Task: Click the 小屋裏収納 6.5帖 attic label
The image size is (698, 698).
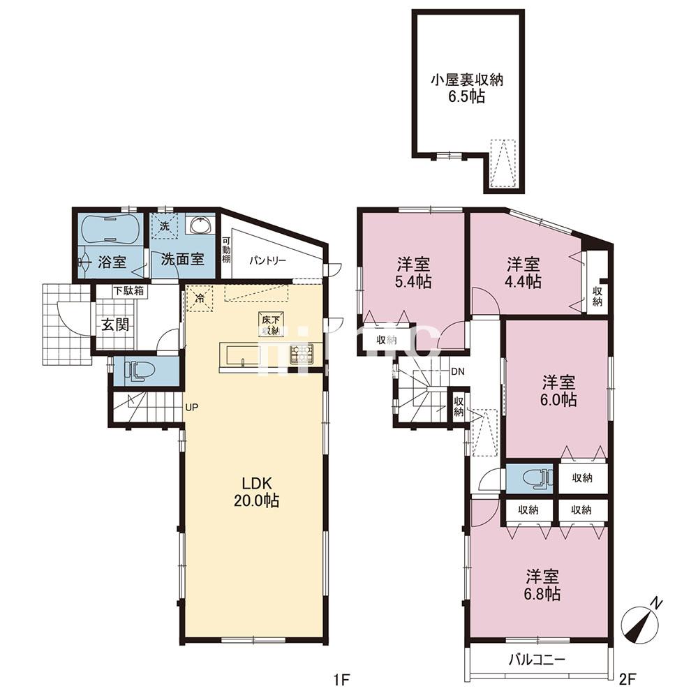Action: click(x=467, y=89)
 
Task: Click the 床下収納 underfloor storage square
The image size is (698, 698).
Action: click(x=270, y=324)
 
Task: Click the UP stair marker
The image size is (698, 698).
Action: click(x=191, y=406)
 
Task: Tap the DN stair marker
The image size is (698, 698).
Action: click(x=458, y=371)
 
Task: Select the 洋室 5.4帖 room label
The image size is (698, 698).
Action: click(x=414, y=273)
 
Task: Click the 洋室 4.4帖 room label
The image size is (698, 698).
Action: click(x=523, y=273)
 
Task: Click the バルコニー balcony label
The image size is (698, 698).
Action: click(x=537, y=659)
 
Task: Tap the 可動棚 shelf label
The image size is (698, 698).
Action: click(x=226, y=251)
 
